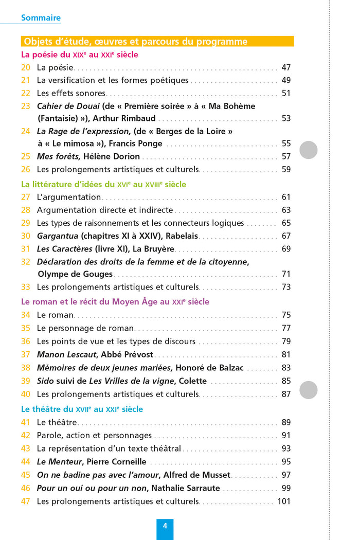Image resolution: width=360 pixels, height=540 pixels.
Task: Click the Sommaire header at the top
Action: click(x=41, y=18)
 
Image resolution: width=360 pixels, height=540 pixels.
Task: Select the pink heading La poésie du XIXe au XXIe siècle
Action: click(x=80, y=55)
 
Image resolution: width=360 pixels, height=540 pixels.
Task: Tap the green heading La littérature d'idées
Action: click(x=103, y=184)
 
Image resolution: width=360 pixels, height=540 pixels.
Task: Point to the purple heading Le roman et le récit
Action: click(x=115, y=302)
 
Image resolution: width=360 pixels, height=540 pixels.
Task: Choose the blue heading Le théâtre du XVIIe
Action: click(x=82, y=409)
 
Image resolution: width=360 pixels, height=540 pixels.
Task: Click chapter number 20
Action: click(x=26, y=67)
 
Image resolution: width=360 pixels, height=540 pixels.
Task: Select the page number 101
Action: click(x=284, y=501)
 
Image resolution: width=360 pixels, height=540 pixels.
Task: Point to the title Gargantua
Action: click(x=58, y=236)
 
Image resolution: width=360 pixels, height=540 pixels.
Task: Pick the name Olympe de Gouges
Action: click(x=75, y=274)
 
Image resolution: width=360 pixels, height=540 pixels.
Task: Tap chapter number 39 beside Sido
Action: click(x=26, y=381)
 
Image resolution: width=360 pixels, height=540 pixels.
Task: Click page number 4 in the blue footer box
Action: click(x=165, y=526)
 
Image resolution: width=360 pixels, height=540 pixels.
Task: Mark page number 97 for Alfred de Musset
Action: click(x=286, y=475)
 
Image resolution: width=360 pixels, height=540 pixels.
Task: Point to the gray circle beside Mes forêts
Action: click(x=309, y=150)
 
